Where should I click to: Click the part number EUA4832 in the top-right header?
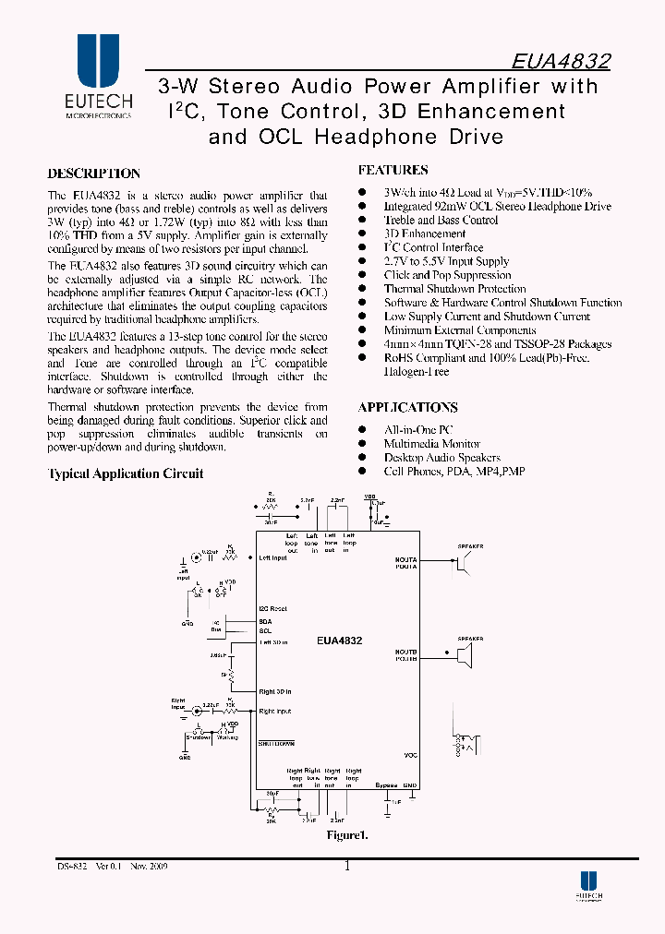click(561, 62)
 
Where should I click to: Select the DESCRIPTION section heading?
click(93, 174)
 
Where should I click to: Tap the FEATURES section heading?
click(393, 170)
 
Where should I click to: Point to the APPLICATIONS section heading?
click(407, 407)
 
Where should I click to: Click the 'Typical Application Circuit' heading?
click(125, 473)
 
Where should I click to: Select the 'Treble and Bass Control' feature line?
click(441, 221)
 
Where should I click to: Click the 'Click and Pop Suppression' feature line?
click(447, 275)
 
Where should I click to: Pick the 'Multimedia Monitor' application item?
click(431, 444)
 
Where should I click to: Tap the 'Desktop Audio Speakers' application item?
click(441, 458)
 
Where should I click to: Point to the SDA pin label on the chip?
click(265, 622)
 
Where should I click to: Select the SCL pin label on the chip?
click(265, 630)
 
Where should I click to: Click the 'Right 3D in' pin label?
click(274, 691)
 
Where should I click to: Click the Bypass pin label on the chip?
click(387, 785)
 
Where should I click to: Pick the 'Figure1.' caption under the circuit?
click(346, 835)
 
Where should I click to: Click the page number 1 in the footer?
click(347, 866)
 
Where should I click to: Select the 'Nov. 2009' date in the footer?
click(143, 866)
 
